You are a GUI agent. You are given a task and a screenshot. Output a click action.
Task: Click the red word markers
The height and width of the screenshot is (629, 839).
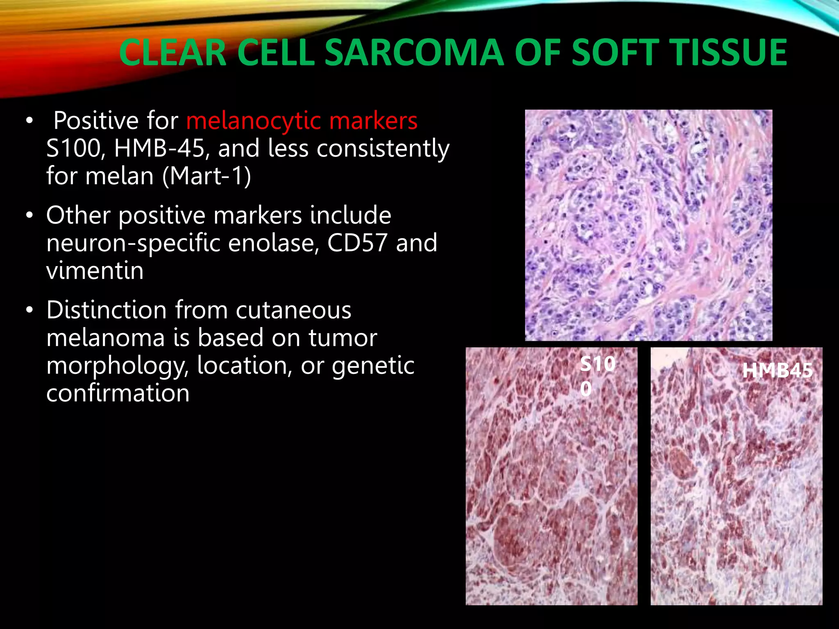pyautogui.click(x=373, y=121)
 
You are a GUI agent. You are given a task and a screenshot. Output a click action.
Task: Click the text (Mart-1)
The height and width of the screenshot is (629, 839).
pyautogui.click(x=207, y=176)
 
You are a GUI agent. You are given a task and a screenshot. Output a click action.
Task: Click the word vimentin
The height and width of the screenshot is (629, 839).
pyautogui.click(x=95, y=271)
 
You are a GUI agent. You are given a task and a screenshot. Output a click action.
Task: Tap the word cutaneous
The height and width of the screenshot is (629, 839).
pyautogui.click(x=293, y=310)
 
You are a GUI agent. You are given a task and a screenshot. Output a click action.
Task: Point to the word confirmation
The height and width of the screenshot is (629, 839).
pyautogui.click(x=118, y=393)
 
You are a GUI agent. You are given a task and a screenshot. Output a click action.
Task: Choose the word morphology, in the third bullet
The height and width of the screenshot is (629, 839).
pyautogui.click(x=117, y=366)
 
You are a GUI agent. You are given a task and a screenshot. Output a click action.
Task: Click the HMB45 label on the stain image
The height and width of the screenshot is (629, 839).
pyautogui.click(x=777, y=371)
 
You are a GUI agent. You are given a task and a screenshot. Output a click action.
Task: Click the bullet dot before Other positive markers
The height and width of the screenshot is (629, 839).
pyautogui.click(x=29, y=215)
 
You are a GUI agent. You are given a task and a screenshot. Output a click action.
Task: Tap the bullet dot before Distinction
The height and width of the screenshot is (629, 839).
pyautogui.click(x=29, y=310)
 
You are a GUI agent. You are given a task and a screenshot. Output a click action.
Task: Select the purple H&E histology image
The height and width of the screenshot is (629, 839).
pyautogui.click(x=649, y=225)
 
